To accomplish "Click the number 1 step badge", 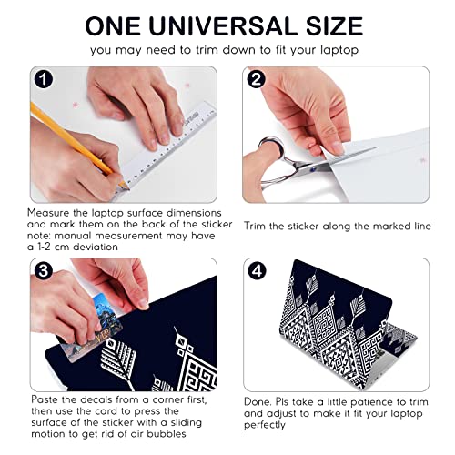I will (x=43, y=80).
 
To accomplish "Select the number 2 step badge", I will (x=257, y=80).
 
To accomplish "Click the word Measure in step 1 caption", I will (x=52, y=211).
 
